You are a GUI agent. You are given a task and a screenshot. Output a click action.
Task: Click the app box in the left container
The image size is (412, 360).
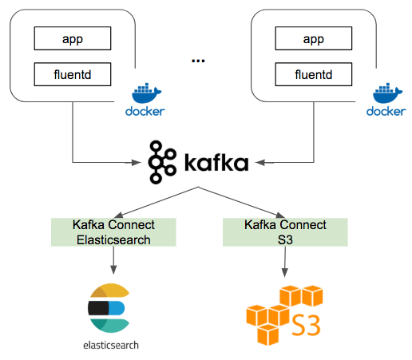point(72,38)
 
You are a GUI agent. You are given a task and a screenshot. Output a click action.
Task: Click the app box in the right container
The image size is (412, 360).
point(314,38)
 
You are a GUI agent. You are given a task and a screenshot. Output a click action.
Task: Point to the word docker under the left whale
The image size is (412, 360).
point(145,111)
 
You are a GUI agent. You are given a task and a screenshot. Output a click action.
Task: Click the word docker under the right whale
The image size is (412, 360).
point(386,111)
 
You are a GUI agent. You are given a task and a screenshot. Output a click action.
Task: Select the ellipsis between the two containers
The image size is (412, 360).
point(198,60)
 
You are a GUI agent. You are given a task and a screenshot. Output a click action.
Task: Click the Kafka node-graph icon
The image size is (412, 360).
point(163,162)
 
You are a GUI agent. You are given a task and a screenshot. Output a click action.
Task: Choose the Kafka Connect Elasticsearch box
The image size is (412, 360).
point(113,231)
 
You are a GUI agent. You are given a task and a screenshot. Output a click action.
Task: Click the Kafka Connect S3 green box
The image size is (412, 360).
point(285,231)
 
